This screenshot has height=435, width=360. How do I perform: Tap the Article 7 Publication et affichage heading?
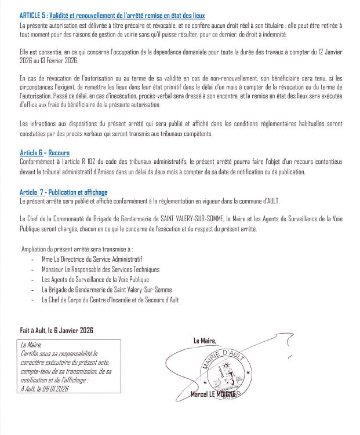(x=63, y=192)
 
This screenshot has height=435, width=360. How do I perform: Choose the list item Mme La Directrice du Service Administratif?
(x=92, y=259)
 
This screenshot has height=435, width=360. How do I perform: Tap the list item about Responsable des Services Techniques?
(x=100, y=269)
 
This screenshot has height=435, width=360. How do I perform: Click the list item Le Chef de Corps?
(x=110, y=300)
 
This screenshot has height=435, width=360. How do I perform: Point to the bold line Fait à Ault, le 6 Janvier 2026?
(x=57, y=330)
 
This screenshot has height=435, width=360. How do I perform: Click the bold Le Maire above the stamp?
(x=205, y=341)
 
